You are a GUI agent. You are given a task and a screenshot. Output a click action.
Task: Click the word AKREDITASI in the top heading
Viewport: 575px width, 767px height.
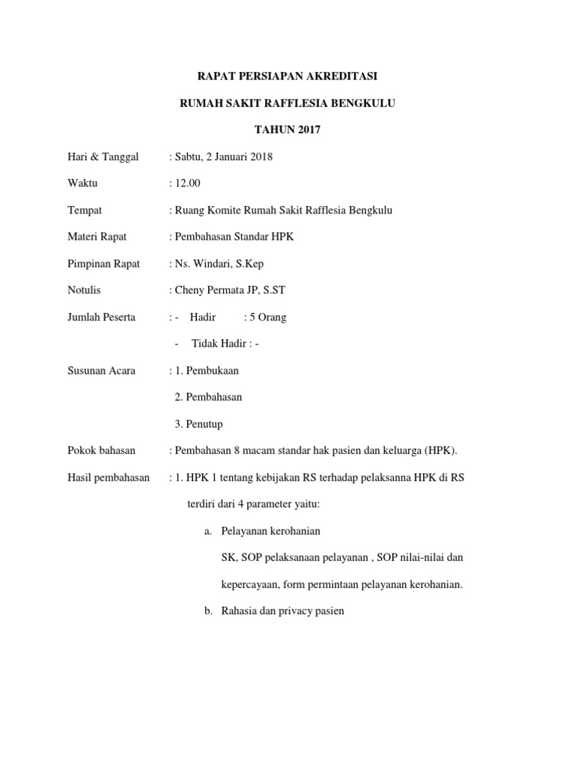coord(344,76)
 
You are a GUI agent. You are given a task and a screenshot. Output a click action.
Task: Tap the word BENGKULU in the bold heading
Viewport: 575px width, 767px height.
coord(359,103)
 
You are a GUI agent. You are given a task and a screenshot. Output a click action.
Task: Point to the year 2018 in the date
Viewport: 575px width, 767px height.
coord(261,157)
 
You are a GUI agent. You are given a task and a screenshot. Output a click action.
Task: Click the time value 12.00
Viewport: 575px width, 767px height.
coord(187,184)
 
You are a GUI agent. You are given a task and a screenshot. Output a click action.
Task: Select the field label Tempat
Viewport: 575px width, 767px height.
coord(85,210)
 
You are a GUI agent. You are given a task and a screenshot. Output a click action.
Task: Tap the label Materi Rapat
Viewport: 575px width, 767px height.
coord(97,237)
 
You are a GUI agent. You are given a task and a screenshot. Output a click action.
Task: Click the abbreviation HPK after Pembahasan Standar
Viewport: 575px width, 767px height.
coord(285,237)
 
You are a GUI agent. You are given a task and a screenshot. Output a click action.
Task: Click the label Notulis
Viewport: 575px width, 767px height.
coord(84,290)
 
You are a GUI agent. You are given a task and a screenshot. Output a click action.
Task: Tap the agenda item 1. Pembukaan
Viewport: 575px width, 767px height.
coord(207,370)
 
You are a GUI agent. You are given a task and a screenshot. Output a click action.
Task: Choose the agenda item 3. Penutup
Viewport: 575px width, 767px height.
coord(198,424)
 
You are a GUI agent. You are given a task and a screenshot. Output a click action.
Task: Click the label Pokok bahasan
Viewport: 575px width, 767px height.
coord(101,450)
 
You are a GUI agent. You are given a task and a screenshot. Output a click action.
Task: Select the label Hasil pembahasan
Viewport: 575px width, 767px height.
coord(108,477)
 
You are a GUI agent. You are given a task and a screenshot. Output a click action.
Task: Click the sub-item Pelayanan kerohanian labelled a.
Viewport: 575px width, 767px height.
coord(270,531)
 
